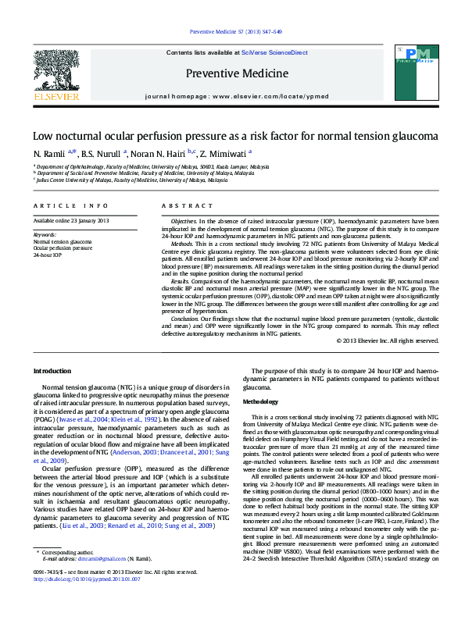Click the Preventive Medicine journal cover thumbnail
coord(411,74)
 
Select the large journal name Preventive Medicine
coord(232,74)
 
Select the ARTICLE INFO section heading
coord(70,206)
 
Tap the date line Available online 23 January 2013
coord(70,222)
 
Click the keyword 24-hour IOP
coord(48,255)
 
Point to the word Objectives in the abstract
coord(183,222)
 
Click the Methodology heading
coord(261,401)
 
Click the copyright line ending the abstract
coord(388,341)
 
